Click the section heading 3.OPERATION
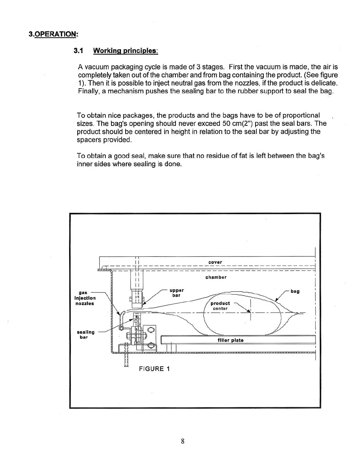[53, 34]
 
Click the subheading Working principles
[126, 51]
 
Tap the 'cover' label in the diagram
[215, 262]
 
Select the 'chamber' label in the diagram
[216, 277]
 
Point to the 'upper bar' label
[176, 293]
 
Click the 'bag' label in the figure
[295, 291]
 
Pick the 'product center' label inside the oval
[220, 306]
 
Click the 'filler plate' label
[230, 340]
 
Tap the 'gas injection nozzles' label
[85, 298]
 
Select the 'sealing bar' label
[86, 334]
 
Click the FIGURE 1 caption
[154, 369]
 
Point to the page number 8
[183, 441]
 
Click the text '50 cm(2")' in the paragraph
[236, 123]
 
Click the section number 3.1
[79, 51]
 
